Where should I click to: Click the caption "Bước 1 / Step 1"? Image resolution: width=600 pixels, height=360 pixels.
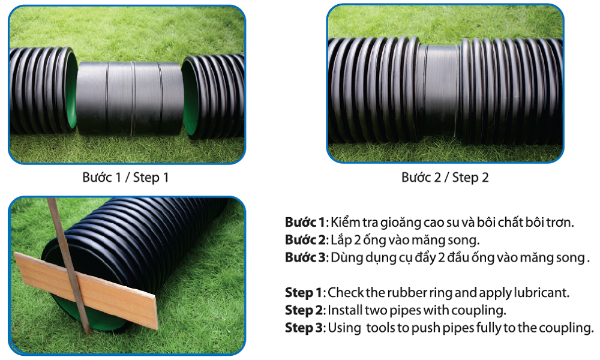(x=125, y=178)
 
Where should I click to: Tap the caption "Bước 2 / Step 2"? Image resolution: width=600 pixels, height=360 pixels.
(x=445, y=178)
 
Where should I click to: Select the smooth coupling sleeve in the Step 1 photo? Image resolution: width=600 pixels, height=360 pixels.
(x=130, y=98)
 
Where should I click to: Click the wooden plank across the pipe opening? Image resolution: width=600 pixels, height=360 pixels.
(x=86, y=290)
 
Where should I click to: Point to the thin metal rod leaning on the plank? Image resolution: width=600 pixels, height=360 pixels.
(x=69, y=266)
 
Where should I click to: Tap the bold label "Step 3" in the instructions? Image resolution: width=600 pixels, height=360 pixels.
(x=304, y=328)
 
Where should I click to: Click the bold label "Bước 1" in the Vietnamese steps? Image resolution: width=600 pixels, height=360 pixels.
(x=305, y=222)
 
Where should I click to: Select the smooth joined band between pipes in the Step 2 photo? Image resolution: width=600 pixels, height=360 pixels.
(x=438, y=92)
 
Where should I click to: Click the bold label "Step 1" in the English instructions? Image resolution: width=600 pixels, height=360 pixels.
(x=304, y=293)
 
